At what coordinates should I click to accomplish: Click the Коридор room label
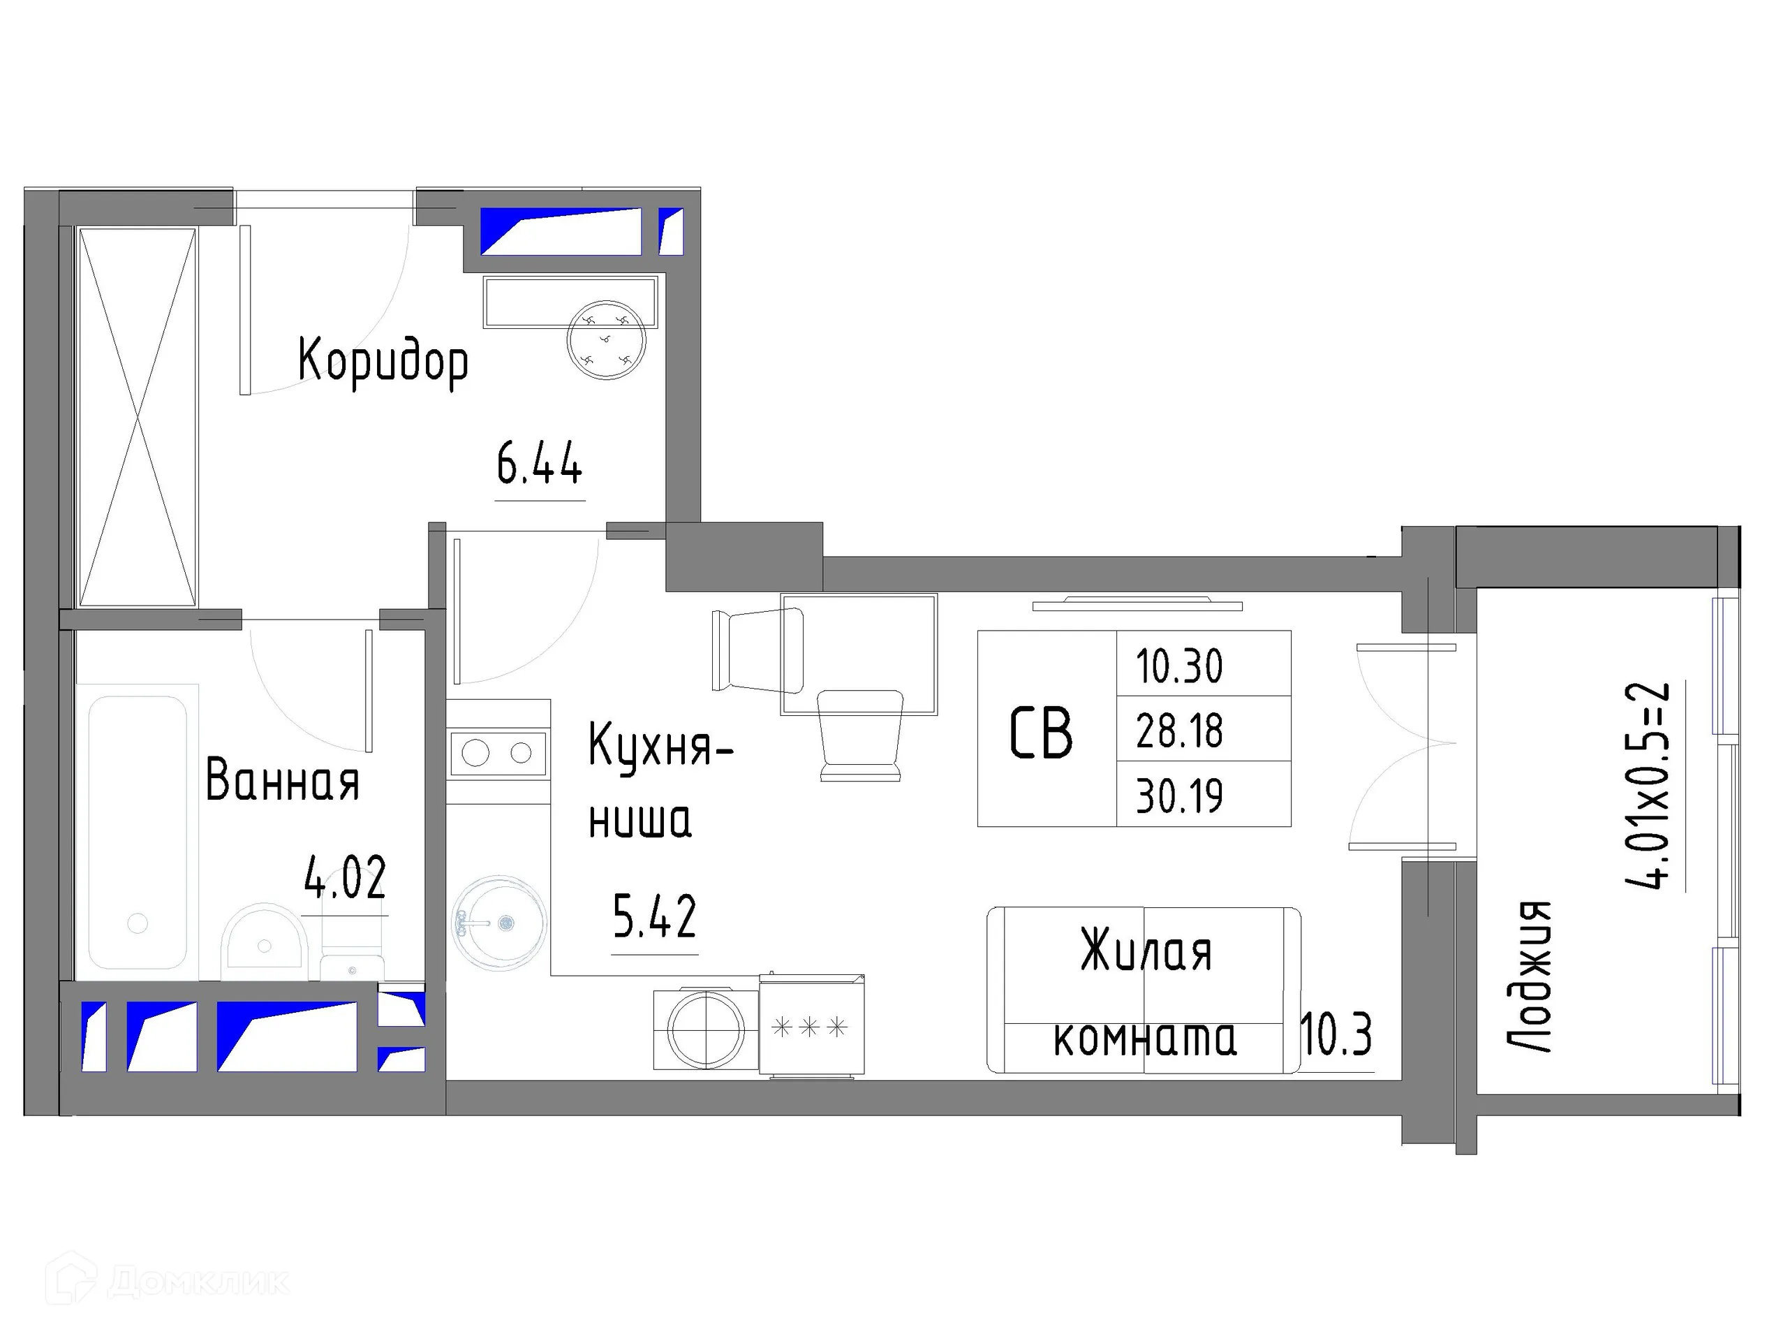click(383, 362)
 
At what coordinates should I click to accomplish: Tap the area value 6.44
click(539, 464)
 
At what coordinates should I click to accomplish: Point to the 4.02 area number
click(345, 877)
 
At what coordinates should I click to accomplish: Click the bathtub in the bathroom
click(138, 831)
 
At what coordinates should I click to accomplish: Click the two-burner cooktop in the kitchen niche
click(498, 753)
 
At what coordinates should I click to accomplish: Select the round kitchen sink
click(499, 923)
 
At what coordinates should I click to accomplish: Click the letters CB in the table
click(1041, 733)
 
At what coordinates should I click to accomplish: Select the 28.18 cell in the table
click(1179, 731)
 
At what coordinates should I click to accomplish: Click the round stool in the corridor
click(605, 339)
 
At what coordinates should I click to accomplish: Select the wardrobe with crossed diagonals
click(138, 417)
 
